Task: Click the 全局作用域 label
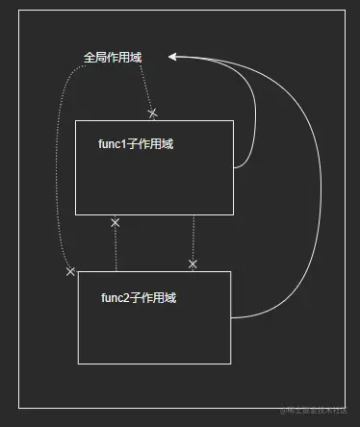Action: [x=113, y=58]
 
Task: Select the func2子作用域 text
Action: [x=139, y=298]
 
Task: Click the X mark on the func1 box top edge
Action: [x=152, y=113]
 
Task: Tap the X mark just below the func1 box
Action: [x=116, y=223]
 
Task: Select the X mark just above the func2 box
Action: [x=193, y=264]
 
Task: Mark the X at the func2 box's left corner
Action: [x=70, y=272]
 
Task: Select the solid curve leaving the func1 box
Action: [x=254, y=125]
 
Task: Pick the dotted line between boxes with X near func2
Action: [x=193, y=236]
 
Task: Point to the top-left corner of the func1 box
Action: [x=76, y=121]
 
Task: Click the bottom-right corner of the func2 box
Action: [x=231, y=364]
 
